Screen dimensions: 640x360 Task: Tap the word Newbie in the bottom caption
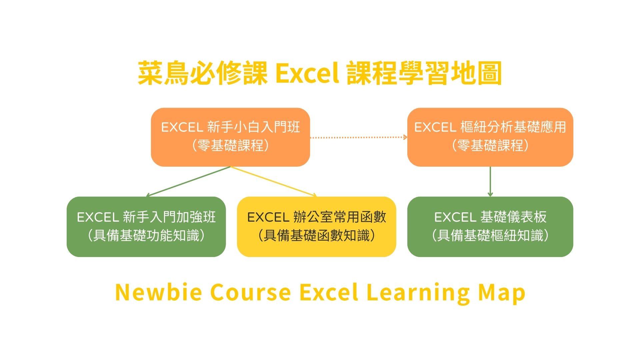(x=159, y=292)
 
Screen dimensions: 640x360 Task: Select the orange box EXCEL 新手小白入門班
(x=230, y=137)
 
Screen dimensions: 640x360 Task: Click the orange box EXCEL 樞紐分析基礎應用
(x=490, y=137)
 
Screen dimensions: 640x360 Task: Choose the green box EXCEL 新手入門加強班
(x=146, y=227)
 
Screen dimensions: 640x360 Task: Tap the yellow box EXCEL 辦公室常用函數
(x=316, y=227)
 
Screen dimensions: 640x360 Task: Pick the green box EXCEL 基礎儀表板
(x=490, y=227)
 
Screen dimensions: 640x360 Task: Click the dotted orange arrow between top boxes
(x=359, y=137)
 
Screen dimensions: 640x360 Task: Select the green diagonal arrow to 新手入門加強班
(x=188, y=181)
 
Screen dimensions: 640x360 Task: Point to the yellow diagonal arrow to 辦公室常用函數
(x=274, y=181)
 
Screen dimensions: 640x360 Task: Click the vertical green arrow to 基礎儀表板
(x=490, y=181)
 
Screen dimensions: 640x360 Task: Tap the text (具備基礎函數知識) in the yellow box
(x=316, y=236)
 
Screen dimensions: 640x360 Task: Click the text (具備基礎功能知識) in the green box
(x=146, y=236)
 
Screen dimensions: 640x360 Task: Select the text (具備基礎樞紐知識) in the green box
(x=490, y=236)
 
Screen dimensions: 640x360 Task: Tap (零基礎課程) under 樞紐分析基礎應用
(x=490, y=146)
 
